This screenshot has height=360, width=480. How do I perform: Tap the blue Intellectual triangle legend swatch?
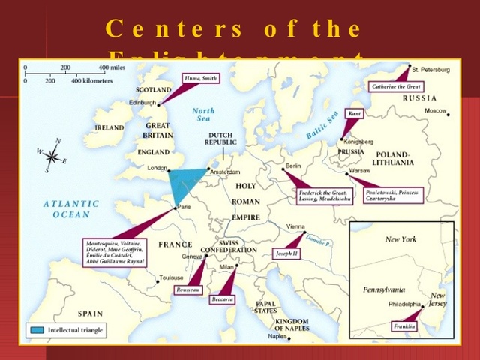(36, 329)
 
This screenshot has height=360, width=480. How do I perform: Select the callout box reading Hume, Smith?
(201, 77)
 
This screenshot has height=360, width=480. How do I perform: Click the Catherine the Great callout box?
(394, 87)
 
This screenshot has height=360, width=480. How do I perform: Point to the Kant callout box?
(354, 114)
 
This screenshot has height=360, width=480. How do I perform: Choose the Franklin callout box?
(404, 326)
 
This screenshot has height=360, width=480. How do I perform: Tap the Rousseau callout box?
(187, 289)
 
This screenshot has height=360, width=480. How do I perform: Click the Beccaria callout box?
(223, 298)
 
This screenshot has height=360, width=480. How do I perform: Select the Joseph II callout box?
(286, 253)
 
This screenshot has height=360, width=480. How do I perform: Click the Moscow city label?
(435, 110)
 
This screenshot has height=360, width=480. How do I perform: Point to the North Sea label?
(202, 115)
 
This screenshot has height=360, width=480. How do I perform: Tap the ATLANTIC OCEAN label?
(71, 208)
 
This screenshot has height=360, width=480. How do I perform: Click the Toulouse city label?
(171, 277)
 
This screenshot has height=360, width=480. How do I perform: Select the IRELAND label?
(109, 128)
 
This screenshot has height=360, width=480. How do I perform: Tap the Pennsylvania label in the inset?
(384, 289)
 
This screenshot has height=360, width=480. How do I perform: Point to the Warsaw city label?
(360, 171)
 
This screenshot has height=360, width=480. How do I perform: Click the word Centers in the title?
(172, 30)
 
